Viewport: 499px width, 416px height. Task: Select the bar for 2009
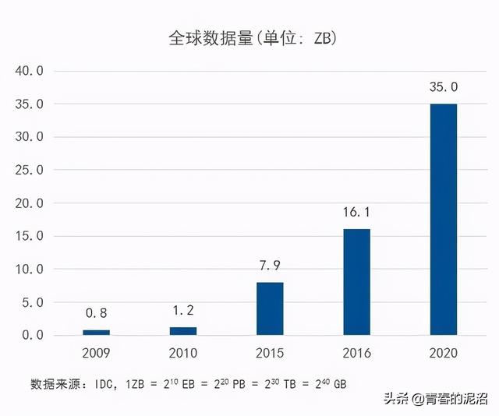pos(97,332)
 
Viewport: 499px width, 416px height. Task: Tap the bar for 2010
pos(183,331)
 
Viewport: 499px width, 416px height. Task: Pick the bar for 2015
pos(271,308)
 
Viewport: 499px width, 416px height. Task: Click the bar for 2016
pos(357,282)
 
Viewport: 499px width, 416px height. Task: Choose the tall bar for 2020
pos(444,220)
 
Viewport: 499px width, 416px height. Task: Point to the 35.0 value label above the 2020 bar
pos(444,87)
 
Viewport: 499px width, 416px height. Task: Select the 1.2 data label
pos(183,311)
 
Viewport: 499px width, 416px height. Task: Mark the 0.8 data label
pos(97,313)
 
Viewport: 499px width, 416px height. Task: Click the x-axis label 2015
pos(271,353)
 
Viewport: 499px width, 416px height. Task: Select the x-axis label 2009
pos(97,353)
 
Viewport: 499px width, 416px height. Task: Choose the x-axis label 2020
pos(444,353)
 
